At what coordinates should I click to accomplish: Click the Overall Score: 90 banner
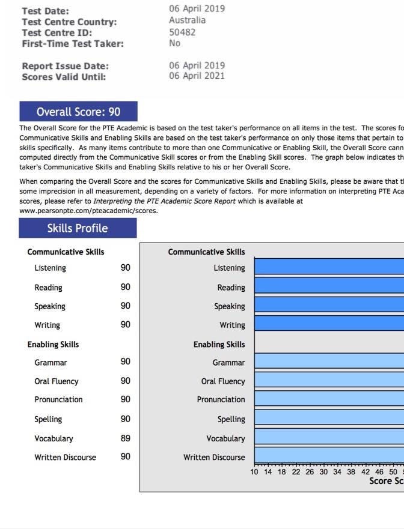click(x=78, y=112)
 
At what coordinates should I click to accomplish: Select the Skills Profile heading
click(x=78, y=228)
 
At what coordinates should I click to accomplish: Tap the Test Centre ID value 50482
click(x=182, y=32)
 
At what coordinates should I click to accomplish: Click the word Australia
click(x=187, y=20)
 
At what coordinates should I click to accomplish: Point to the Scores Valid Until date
click(x=197, y=76)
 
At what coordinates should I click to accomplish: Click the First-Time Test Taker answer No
click(x=175, y=43)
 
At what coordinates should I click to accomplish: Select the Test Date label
click(x=45, y=11)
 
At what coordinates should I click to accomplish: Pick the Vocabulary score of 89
click(x=125, y=438)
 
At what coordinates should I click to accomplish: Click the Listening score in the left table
click(x=125, y=268)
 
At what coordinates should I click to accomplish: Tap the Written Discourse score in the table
click(x=125, y=457)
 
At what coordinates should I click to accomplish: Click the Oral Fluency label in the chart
click(x=223, y=381)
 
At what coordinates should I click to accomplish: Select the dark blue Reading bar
click(x=329, y=286)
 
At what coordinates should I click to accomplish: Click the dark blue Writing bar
click(x=329, y=324)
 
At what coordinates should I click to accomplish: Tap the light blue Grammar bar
click(x=329, y=361)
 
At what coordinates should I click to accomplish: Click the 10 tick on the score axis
click(x=254, y=472)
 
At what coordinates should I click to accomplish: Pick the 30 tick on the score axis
click(x=323, y=472)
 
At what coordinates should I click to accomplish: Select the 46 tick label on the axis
click(x=379, y=472)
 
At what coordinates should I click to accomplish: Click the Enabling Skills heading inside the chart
click(x=219, y=345)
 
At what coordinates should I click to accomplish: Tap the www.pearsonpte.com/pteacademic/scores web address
click(x=88, y=211)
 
